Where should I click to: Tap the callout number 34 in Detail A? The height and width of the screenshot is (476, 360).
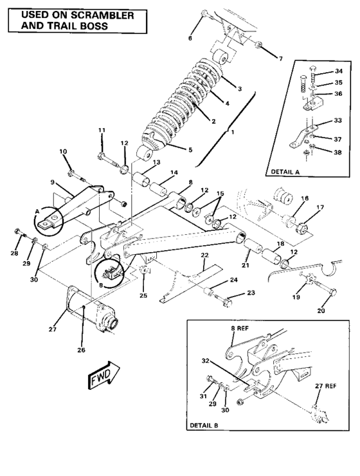coord(338,71)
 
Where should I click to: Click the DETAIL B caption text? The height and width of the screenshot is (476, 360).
coord(206,426)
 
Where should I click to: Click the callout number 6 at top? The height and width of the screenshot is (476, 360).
coord(190,39)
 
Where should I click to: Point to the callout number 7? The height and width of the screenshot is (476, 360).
coord(280,59)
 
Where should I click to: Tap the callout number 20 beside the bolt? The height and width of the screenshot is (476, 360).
coord(321,311)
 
